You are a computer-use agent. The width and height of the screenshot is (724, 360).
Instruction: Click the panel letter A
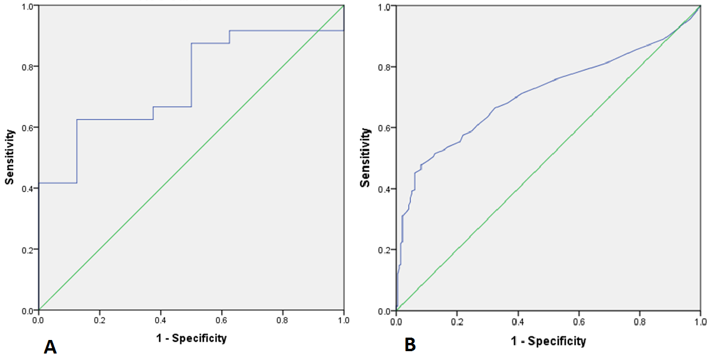pyautogui.click(x=50, y=348)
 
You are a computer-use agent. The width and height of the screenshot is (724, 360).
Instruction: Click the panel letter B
pyautogui.click(x=410, y=345)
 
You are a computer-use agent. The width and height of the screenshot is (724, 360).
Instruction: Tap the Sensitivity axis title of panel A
pyautogui.click(x=10, y=158)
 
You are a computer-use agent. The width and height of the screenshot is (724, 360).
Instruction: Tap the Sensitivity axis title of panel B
pyautogui.click(x=367, y=158)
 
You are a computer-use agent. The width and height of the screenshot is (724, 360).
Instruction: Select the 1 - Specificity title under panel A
pyautogui.click(x=191, y=338)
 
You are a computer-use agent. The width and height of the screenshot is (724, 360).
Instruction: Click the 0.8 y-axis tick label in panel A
pyautogui.click(x=28, y=67)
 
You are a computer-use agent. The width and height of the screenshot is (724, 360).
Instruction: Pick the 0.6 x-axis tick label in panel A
pyautogui.click(x=222, y=321)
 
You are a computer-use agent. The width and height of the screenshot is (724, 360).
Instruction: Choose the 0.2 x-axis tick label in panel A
pyautogui.click(x=100, y=321)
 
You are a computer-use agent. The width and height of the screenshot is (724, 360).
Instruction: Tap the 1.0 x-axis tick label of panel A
pyautogui.click(x=344, y=321)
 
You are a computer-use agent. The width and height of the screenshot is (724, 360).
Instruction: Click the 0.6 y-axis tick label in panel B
pyautogui.click(x=384, y=128)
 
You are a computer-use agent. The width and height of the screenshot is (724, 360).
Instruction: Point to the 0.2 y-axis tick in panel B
pyautogui.click(x=384, y=250)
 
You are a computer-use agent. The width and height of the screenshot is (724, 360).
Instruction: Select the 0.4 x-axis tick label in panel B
pyautogui.click(x=518, y=322)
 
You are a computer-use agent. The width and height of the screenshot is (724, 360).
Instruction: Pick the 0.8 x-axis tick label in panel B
pyautogui.click(x=640, y=322)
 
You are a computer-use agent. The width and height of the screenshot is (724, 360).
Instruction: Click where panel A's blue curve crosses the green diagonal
pyautogui.click(x=318, y=31)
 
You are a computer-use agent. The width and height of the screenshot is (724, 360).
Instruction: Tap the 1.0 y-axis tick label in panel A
pyautogui.click(x=28, y=6)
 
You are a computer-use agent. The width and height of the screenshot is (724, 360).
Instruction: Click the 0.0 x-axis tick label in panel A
pyautogui.click(x=39, y=321)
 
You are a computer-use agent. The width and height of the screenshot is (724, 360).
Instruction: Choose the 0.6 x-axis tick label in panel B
pyautogui.click(x=579, y=322)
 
